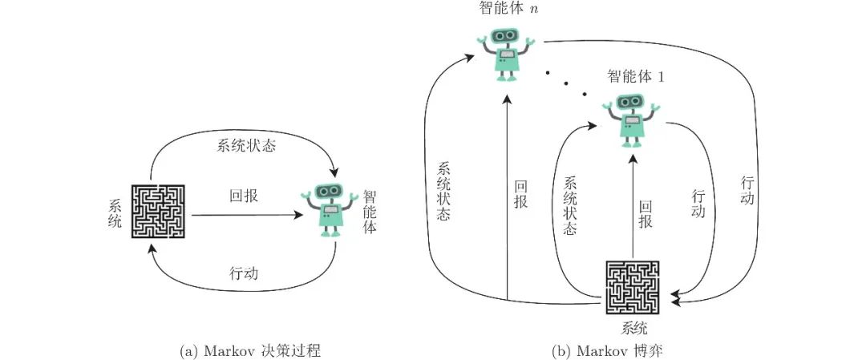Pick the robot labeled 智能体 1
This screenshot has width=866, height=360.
pyautogui.click(x=632, y=119)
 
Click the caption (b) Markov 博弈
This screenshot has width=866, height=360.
pyautogui.click(x=606, y=350)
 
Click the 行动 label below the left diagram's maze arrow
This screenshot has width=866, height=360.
pyautogui.click(x=244, y=273)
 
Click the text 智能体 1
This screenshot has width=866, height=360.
pyautogui.click(x=637, y=77)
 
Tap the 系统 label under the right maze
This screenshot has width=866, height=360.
pyautogui.click(x=633, y=329)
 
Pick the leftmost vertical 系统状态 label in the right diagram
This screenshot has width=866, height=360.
pyautogui.click(x=443, y=192)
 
